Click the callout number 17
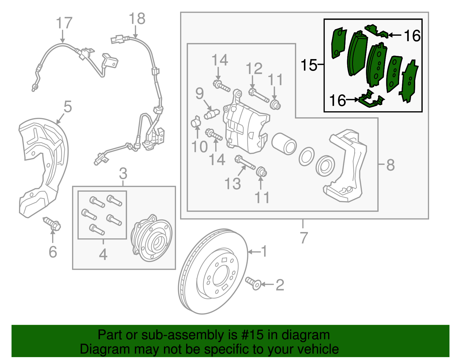(64, 23)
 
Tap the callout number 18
(137, 19)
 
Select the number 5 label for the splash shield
(67, 107)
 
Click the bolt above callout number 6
(52, 224)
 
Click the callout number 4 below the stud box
(103, 255)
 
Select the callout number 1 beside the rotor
(264, 251)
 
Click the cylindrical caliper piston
(284, 143)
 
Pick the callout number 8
(390, 165)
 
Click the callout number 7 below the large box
(304, 238)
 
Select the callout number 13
(233, 184)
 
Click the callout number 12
(254, 69)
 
